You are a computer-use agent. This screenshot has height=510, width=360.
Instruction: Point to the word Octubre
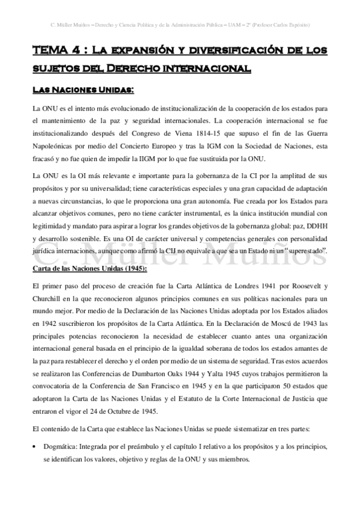(x=137, y=411)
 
